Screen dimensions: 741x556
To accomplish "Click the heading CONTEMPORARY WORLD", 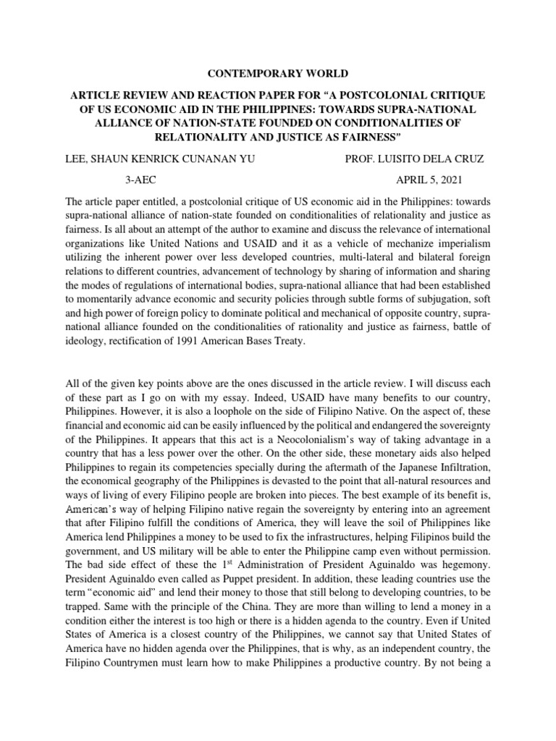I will point(277,74).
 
